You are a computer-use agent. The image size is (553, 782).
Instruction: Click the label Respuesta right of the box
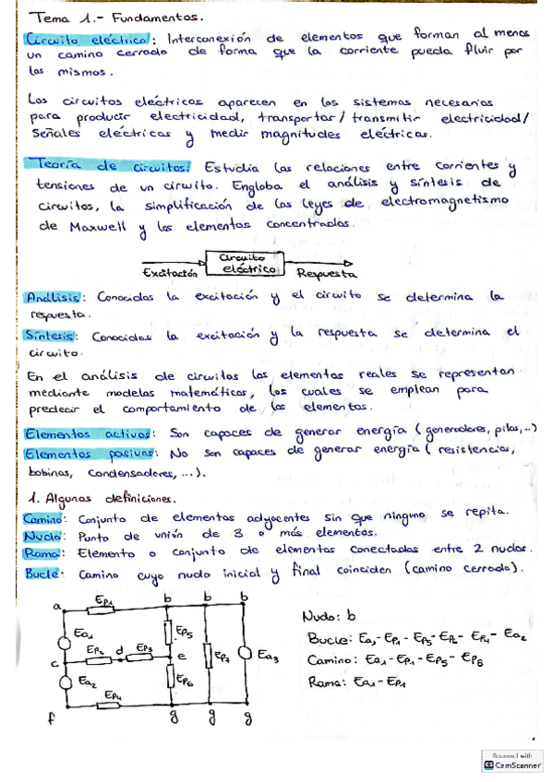(327, 274)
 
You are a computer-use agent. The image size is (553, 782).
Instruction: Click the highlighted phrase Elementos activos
(78, 433)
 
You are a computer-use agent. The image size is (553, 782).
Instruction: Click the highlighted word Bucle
(42, 572)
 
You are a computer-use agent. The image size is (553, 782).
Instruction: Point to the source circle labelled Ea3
(245, 654)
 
